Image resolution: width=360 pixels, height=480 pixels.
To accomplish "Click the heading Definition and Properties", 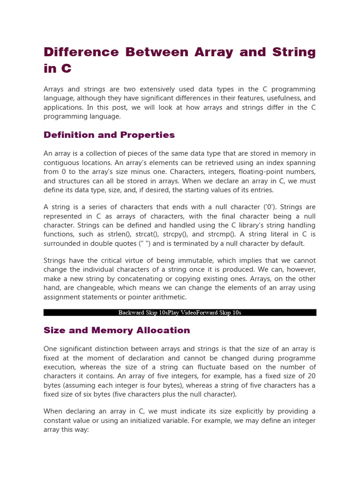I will [x=109, y=135].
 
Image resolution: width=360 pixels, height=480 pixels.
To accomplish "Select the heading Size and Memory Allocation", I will [x=117, y=330].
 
